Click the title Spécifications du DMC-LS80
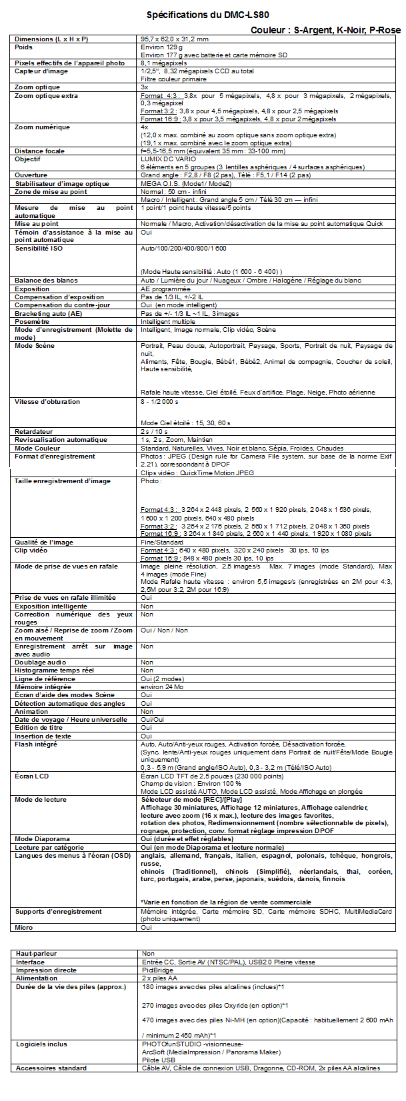coord(208,15)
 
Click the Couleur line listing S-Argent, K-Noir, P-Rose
coord(325,30)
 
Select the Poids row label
coord(23,47)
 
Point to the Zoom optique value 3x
coord(144,87)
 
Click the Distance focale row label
coord(39,151)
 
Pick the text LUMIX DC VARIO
coord(165,159)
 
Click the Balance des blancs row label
coord(46,281)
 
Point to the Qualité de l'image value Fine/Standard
coord(161,542)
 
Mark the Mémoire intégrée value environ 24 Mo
coord(161,687)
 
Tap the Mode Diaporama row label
coord(42,839)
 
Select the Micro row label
coord(23,927)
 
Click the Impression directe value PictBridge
coord(157,970)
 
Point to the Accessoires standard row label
coord(51,1068)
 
